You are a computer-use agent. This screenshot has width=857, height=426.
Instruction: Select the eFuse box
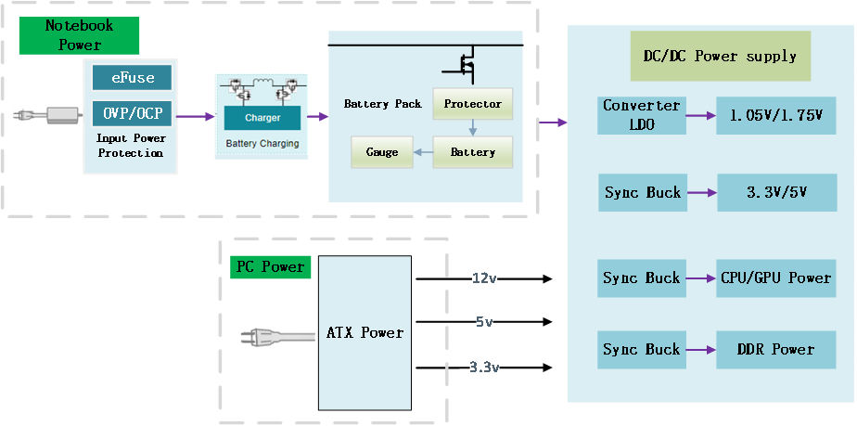click(132, 78)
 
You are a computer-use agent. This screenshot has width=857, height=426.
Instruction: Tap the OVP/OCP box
click(132, 113)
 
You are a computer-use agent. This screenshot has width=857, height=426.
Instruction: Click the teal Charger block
click(262, 118)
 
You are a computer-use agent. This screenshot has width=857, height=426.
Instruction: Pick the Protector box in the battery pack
click(473, 104)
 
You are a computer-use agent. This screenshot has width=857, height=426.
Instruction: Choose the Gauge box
click(382, 151)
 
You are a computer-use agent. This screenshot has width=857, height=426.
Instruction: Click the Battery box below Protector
click(473, 151)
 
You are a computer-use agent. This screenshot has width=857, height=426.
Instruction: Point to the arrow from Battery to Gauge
click(423, 151)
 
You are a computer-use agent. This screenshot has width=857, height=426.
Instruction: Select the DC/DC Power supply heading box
click(720, 56)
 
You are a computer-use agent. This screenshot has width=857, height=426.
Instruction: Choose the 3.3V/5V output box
click(776, 193)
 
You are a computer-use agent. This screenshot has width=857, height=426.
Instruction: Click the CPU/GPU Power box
click(776, 278)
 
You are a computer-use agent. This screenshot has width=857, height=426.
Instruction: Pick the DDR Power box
click(776, 349)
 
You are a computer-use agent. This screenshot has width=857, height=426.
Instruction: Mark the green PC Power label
click(270, 267)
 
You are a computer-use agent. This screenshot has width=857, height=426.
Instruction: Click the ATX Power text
click(365, 332)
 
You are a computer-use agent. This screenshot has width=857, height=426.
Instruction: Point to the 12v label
click(484, 278)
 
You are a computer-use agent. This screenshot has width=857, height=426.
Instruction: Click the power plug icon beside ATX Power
click(275, 336)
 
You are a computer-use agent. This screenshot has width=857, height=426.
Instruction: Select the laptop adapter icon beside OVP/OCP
click(47, 116)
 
